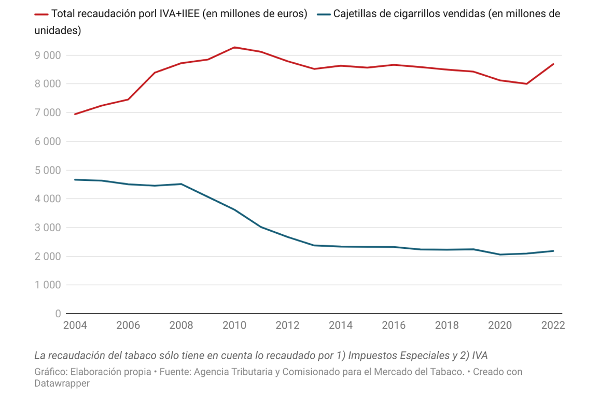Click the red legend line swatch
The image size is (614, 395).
tap(41, 15)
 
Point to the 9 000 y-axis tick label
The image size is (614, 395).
tap(47, 55)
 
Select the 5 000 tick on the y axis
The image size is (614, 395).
tap(47, 170)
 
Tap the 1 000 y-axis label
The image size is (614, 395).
tap(47, 285)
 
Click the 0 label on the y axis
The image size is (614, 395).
tap(58, 314)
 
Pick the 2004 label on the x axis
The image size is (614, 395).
tap(75, 326)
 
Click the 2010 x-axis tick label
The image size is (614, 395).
tap(234, 326)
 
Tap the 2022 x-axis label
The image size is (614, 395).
tap(552, 326)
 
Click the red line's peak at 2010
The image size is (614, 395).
tap(234, 47)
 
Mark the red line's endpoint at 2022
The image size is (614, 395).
tap(553, 64)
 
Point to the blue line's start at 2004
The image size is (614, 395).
tap(75, 179)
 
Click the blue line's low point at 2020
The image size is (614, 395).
tap(500, 255)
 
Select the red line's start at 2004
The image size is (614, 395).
tap(75, 114)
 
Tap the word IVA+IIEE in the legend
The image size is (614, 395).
tap(176, 14)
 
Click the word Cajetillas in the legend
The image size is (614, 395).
tap(355, 14)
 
